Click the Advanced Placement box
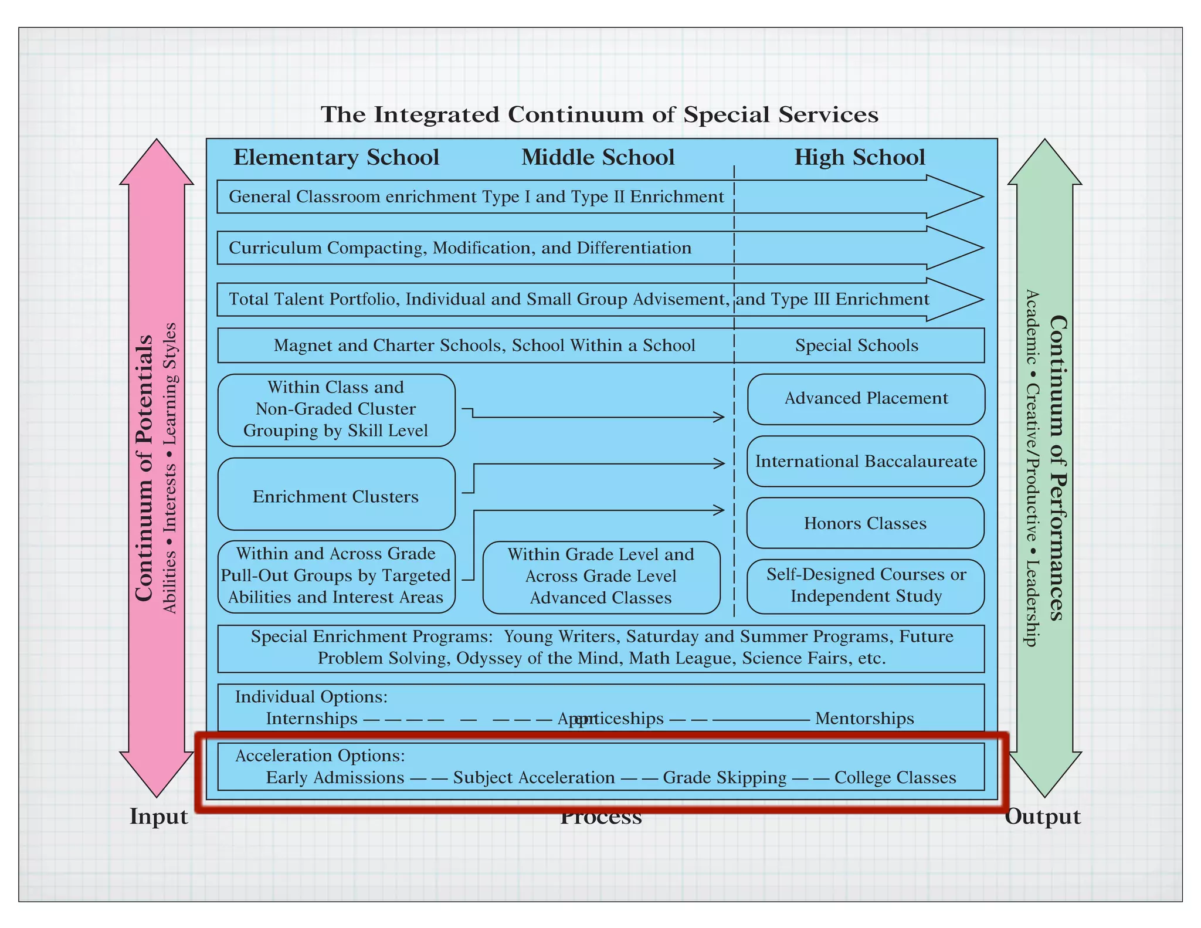pyautogui.click(x=866, y=399)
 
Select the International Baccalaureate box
pyautogui.click(x=866, y=461)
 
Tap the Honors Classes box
pyautogui.click(x=865, y=523)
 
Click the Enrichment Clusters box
pyautogui.click(x=336, y=496)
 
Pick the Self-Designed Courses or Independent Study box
pyautogui.click(x=866, y=585)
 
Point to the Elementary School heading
pyautogui.click(x=336, y=157)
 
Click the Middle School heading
pyautogui.click(x=598, y=157)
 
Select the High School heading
pyautogui.click(x=859, y=157)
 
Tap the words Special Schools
pyautogui.click(x=856, y=346)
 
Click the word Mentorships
pyautogui.click(x=864, y=719)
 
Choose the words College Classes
pyautogui.click(x=895, y=778)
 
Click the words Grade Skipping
pyautogui.click(x=724, y=778)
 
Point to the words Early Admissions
pyautogui.click(x=335, y=778)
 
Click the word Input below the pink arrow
pyautogui.click(x=158, y=817)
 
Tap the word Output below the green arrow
pyautogui.click(x=1042, y=817)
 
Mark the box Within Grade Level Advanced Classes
pyautogui.click(x=601, y=577)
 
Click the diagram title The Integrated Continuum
pyautogui.click(x=599, y=114)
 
